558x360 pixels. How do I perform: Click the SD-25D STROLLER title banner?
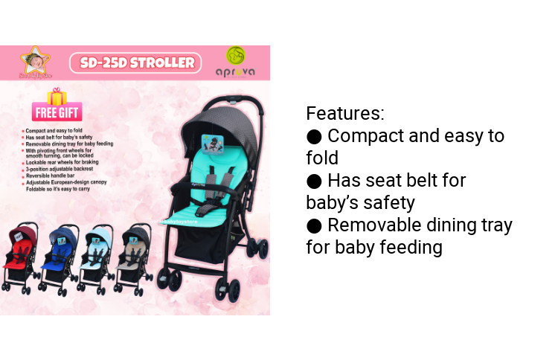point(135,62)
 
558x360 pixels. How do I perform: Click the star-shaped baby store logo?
point(33,60)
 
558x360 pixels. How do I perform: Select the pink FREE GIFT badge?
point(57,113)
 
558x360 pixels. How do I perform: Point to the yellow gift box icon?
point(57,97)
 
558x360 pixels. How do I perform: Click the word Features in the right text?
point(344,114)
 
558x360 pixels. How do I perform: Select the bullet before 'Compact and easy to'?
point(314,136)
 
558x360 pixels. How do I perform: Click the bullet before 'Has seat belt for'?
point(314,181)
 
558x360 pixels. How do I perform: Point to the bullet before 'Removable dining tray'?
point(314,225)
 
